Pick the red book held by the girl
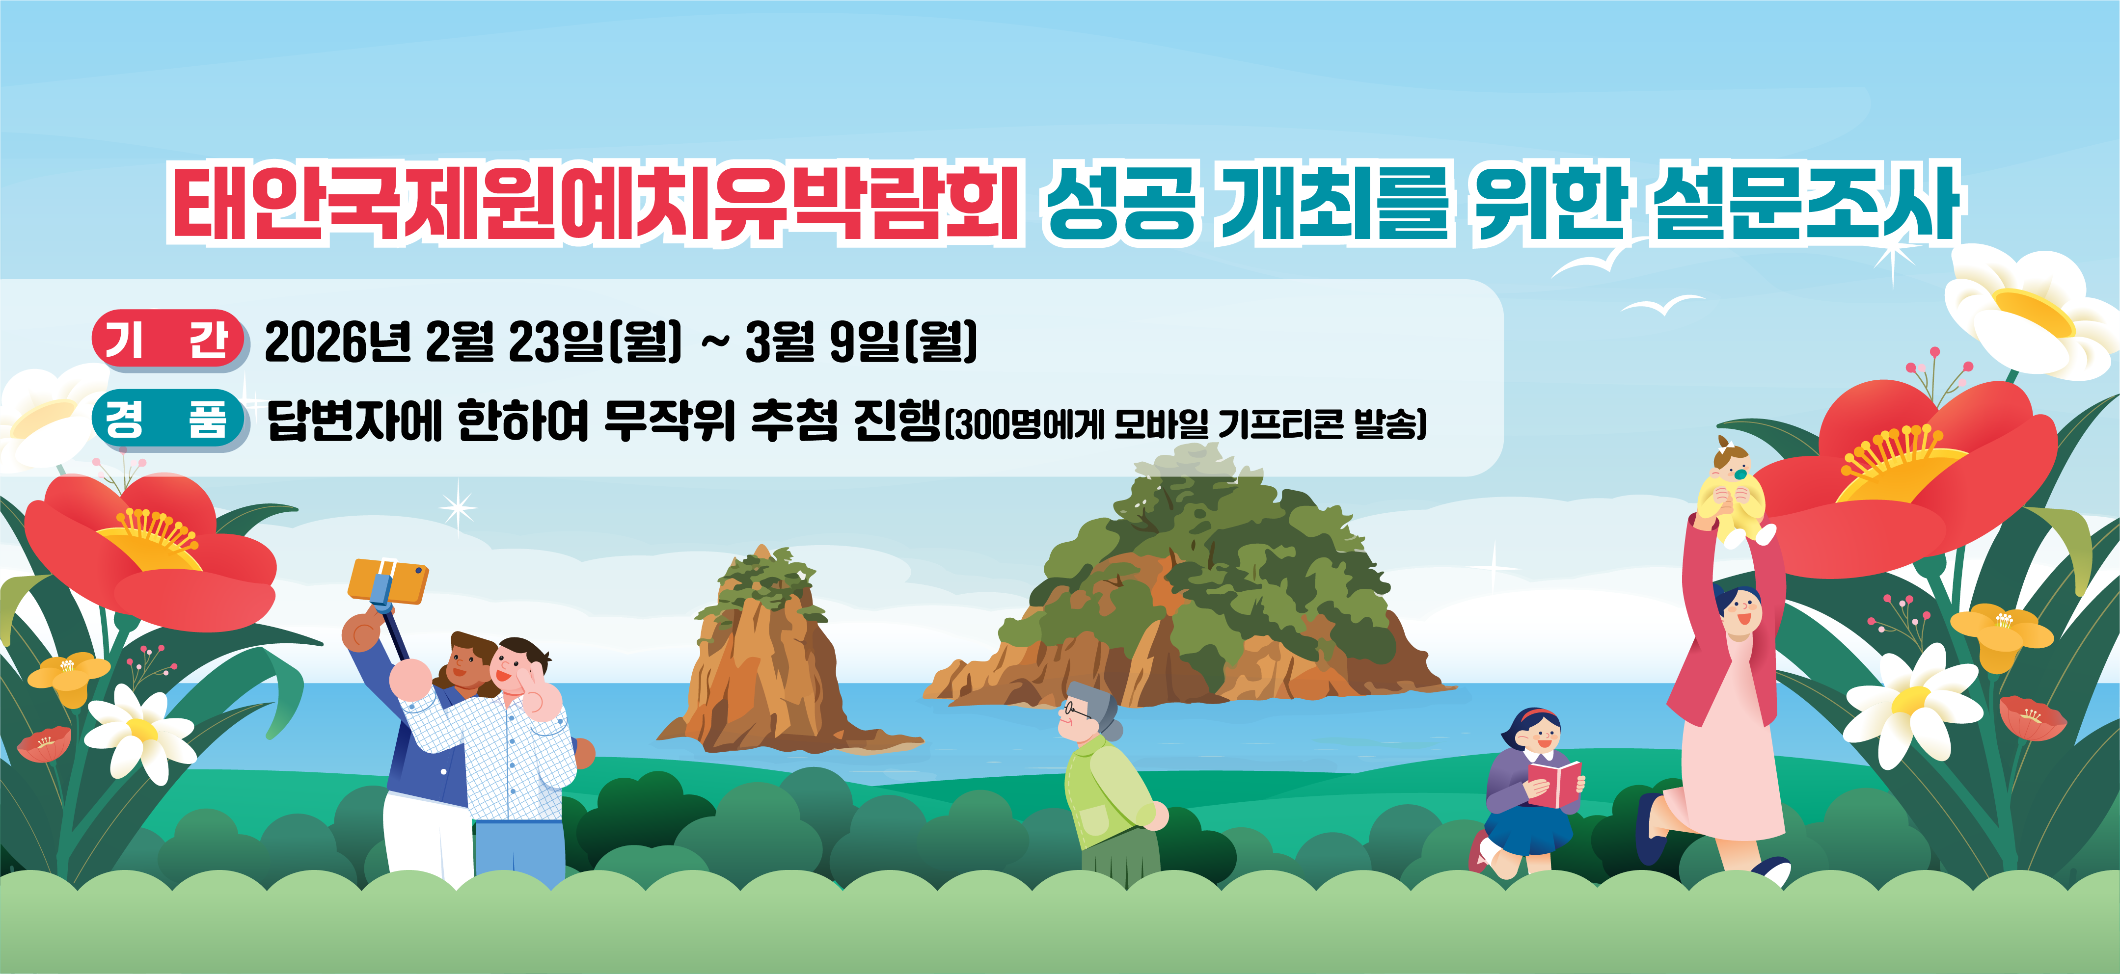coord(1554,782)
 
